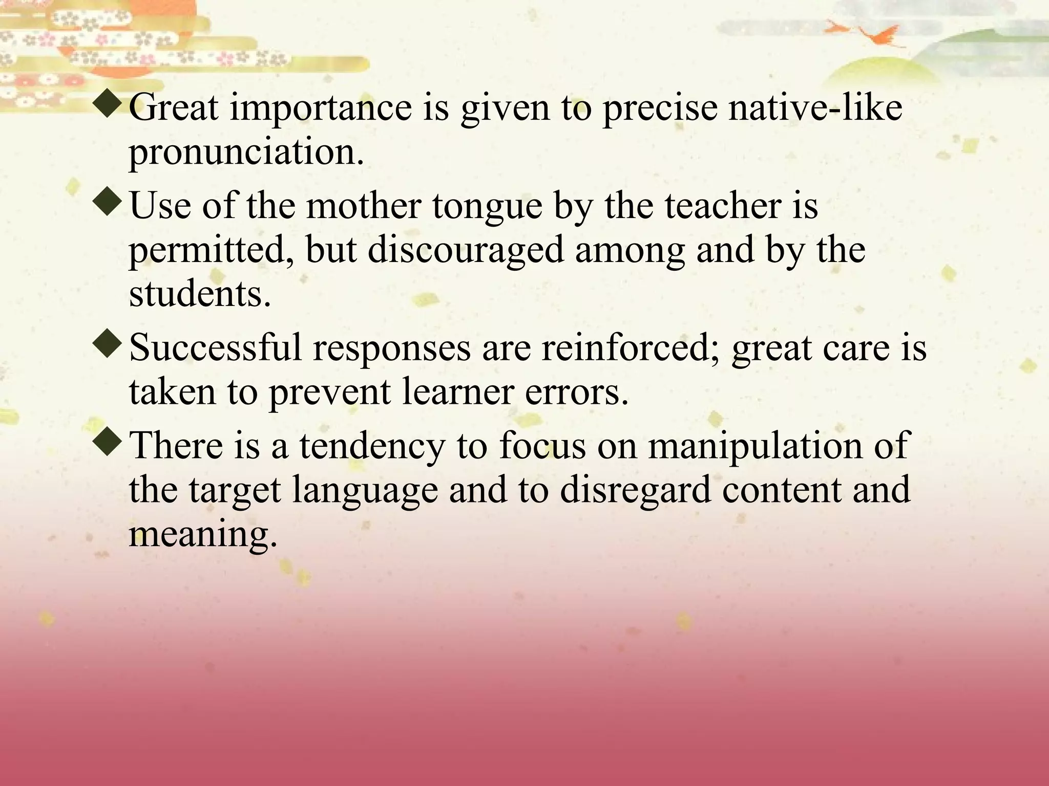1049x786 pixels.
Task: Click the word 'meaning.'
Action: coord(203,535)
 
